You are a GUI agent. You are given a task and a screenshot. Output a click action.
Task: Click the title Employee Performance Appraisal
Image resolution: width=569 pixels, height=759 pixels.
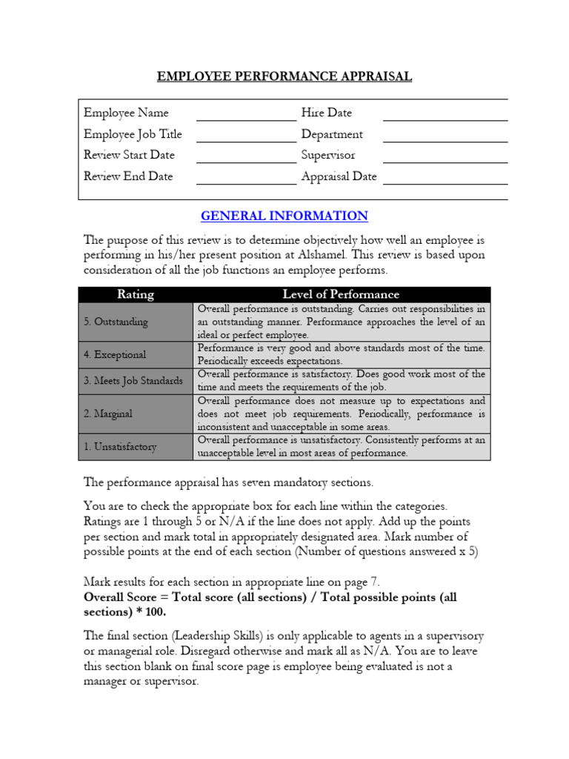(x=284, y=76)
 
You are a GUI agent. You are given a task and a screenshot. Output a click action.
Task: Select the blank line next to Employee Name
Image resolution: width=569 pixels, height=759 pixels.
(x=245, y=115)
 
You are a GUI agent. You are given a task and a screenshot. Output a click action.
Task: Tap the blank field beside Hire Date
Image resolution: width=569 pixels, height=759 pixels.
(x=445, y=115)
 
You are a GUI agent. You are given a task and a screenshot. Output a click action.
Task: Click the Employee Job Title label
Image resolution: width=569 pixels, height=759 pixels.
(x=133, y=134)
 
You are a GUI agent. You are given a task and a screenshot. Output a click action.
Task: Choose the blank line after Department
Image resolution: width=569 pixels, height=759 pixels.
(x=445, y=136)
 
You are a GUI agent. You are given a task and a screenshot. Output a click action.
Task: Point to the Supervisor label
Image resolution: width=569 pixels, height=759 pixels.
(x=328, y=155)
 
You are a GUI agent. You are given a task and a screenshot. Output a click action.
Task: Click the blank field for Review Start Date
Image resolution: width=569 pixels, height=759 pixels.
(x=245, y=157)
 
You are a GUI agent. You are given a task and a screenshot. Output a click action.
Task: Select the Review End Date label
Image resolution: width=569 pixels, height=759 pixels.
(x=128, y=176)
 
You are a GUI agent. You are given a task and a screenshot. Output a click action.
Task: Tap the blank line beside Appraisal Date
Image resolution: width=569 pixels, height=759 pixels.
(x=445, y=179)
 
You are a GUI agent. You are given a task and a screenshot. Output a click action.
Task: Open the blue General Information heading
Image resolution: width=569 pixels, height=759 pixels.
(x=284, y=216)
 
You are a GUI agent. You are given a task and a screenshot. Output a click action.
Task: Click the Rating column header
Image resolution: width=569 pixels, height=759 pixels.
(x=136, y=294)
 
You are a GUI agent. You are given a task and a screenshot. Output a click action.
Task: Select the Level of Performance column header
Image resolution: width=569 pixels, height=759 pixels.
(x=341, y=294)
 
